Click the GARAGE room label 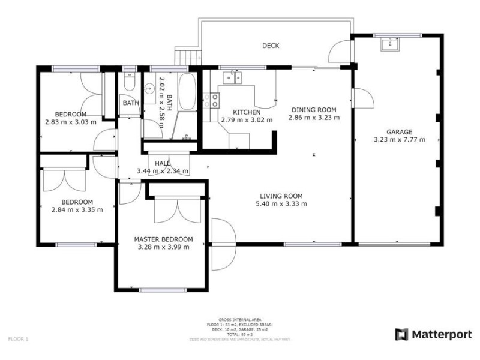(x=399, y=132)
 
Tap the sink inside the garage (x=391, y=43)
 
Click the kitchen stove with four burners (x=210, y=100)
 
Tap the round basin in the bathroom (x=150, y=89)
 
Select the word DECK (x=271, y=46)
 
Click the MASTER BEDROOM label (x=163, y=239)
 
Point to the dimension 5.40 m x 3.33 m (x=281, y=203)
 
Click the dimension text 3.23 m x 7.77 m (x=399, y=140)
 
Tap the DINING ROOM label (x=314, y=110)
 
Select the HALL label (x=162, y=163)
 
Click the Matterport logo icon (x=401, y=334)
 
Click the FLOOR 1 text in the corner (x=18, y=339)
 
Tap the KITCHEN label (x=247, y=112)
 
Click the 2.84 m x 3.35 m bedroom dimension (x=77, y=209)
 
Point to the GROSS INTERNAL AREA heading (x=240, y=320)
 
